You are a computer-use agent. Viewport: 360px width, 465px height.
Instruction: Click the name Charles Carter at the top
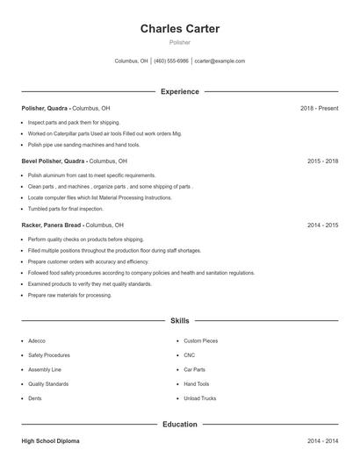click(x=180, y=29)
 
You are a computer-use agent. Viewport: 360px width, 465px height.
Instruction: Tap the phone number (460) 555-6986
click(x=171, y=61)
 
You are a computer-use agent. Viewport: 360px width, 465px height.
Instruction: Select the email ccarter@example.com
click(x=220, y=61)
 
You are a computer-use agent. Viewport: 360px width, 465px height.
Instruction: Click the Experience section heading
click(x=180, y=91)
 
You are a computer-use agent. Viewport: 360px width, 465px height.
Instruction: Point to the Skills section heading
click(x=180, y=321)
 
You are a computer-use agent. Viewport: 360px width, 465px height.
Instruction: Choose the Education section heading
click(x=180, y=425)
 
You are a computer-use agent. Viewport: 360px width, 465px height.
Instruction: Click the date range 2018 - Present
click(x=319, y=108)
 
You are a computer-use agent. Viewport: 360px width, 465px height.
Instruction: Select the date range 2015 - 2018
click(x=322, y=161)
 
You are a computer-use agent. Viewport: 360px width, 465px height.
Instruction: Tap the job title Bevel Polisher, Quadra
click(x=54, y=161)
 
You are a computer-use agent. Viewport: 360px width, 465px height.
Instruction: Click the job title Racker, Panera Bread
click(x=53, y=225)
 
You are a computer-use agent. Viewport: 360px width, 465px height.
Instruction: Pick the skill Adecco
click(x=37, y=340)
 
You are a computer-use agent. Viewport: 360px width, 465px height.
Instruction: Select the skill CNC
click(x=190, y=355)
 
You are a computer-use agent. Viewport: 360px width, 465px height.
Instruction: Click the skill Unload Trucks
click(x=200, y=398)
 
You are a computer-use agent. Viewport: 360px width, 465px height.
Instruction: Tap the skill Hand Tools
click(x=197, y=384)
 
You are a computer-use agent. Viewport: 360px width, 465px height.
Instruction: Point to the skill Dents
click(x=35, y=398)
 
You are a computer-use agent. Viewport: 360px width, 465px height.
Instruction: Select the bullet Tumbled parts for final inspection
click(x=65, y=209)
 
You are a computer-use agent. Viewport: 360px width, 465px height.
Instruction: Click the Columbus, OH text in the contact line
click(x=132, y=61)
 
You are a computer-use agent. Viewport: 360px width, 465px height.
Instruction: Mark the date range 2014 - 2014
click(x=322, y=440)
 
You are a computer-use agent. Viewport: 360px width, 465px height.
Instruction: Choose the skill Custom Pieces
click(x=201, y=340)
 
